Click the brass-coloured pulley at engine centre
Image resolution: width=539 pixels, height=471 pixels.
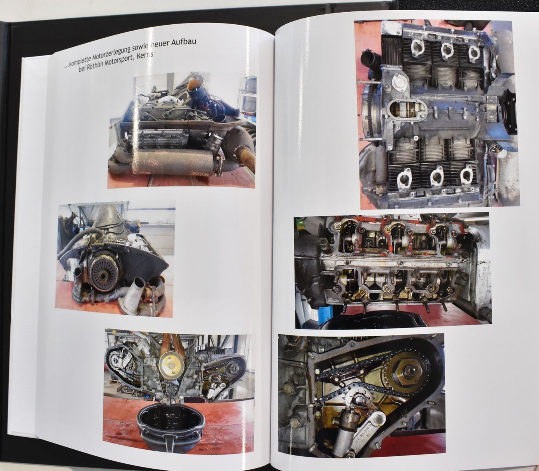point(171,365)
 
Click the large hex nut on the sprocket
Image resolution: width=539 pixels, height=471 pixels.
point(407,372)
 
